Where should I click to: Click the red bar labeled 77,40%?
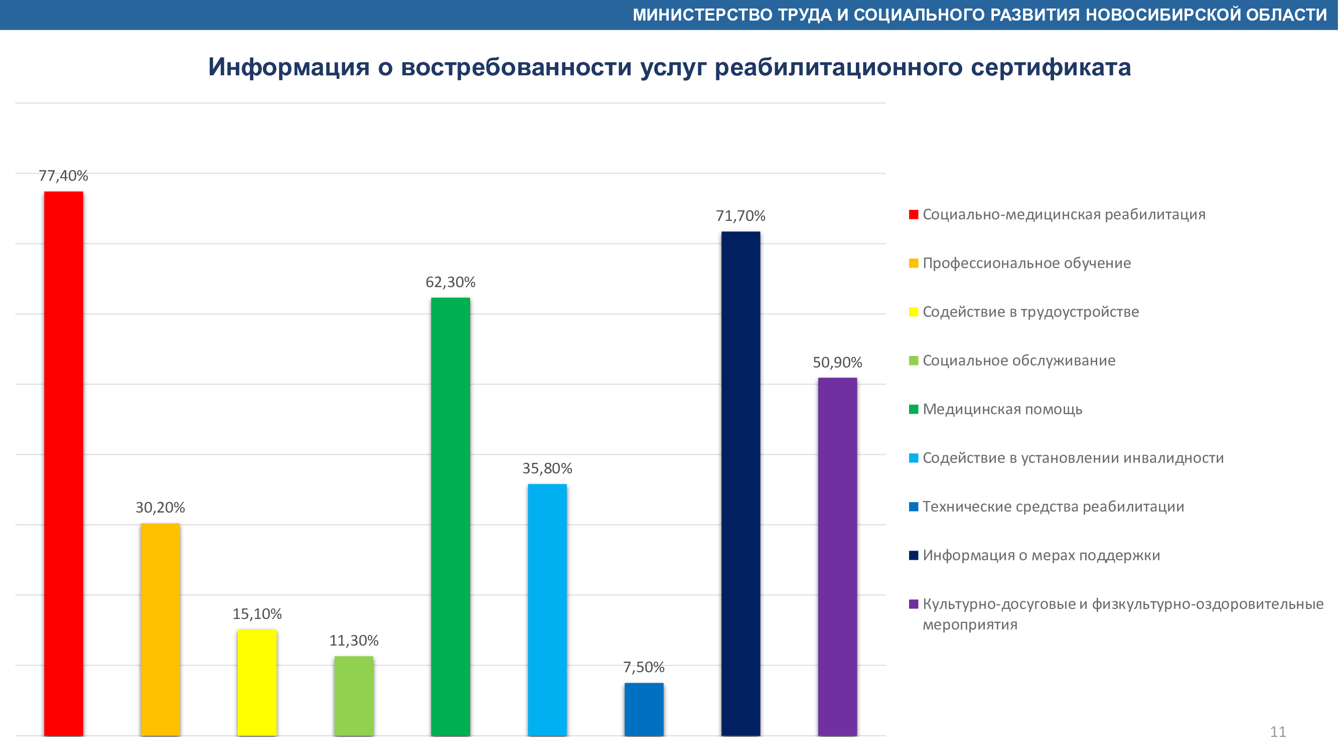click(63, 462)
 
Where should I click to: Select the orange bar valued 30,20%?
click(160, 629)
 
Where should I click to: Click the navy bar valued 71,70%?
click(740, 483)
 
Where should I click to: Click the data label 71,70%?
click(740, 216)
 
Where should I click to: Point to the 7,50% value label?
click(644, 667)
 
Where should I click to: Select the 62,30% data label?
click(451, 282)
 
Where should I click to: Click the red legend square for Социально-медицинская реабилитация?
click(914, 215)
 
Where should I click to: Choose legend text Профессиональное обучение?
click(1026, 264)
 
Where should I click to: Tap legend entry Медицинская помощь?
click(1002, 410)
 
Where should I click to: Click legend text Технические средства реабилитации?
click(1053, 507)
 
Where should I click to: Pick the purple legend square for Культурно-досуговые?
click(914, 604)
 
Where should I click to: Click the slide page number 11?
click(1278, 732)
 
